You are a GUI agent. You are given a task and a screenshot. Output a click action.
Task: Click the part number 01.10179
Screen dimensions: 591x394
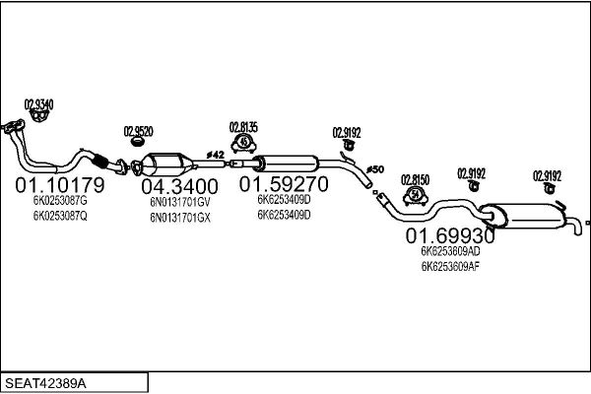point(60,185)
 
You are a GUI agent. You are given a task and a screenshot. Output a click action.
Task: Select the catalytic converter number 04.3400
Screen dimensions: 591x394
point(180,186)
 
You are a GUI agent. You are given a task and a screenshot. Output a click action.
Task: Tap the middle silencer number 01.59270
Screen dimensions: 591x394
point(284,184)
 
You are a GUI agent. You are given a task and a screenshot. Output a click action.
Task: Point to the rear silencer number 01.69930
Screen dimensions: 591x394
point(450,236)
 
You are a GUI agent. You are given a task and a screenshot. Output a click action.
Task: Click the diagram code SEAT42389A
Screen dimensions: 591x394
point(45,383)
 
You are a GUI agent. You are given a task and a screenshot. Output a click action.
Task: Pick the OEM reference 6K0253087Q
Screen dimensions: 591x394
point(60,216)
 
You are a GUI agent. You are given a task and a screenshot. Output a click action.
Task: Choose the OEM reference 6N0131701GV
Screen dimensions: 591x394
point(180,202)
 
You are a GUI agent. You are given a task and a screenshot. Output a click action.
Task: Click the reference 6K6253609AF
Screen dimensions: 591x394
point(451,267)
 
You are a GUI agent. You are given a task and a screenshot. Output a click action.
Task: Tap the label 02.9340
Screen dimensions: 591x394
point(38,104)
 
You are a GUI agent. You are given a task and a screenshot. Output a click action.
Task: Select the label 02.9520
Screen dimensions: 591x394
point(138,131)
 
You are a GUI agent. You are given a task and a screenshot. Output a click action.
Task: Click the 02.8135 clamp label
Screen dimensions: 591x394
point(243,127)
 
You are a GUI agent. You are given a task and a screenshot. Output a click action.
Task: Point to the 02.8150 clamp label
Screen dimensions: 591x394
point(415,180)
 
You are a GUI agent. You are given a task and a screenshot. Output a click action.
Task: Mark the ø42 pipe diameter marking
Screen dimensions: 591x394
point(215,155)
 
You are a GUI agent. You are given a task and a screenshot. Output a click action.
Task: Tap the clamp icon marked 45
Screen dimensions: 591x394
point(244,143)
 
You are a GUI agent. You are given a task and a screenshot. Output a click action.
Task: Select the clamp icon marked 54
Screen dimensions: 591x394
point(415,195)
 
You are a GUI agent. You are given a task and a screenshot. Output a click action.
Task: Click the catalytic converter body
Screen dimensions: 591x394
point(164,164)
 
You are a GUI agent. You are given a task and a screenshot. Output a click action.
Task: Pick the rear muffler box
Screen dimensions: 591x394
point(526,216)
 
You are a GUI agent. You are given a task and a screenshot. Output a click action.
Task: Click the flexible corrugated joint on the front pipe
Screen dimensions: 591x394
point(99,161)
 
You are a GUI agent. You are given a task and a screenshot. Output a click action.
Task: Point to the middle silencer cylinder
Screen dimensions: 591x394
point(286,164)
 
